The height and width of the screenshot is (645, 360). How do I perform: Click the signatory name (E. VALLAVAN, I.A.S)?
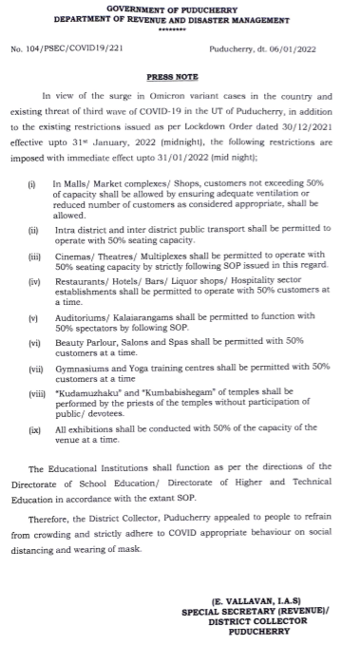click(257, 602)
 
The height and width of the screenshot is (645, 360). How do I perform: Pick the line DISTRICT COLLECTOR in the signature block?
click(257, 621)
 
